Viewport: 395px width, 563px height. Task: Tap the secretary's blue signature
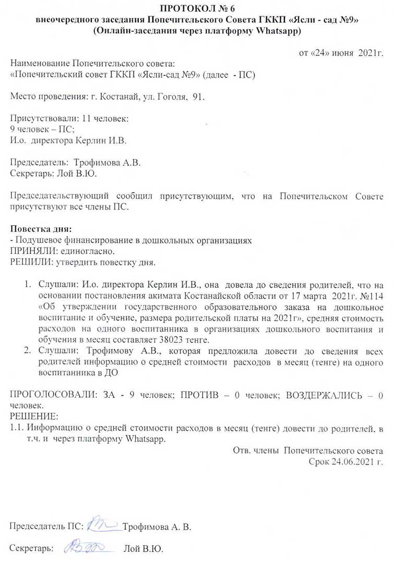[x=85, y=547]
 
